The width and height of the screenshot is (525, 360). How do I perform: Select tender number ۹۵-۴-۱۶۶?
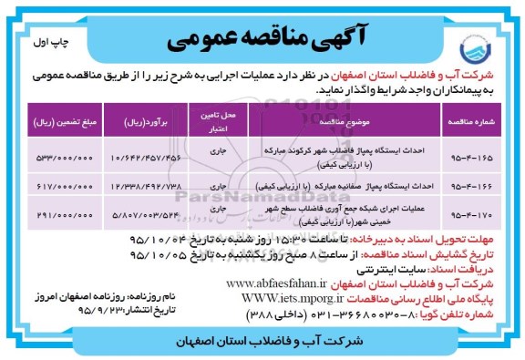(464, 185)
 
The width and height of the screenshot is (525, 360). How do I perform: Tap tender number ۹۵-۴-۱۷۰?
(464, 216)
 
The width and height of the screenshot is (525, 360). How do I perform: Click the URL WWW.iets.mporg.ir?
(290, 297)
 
